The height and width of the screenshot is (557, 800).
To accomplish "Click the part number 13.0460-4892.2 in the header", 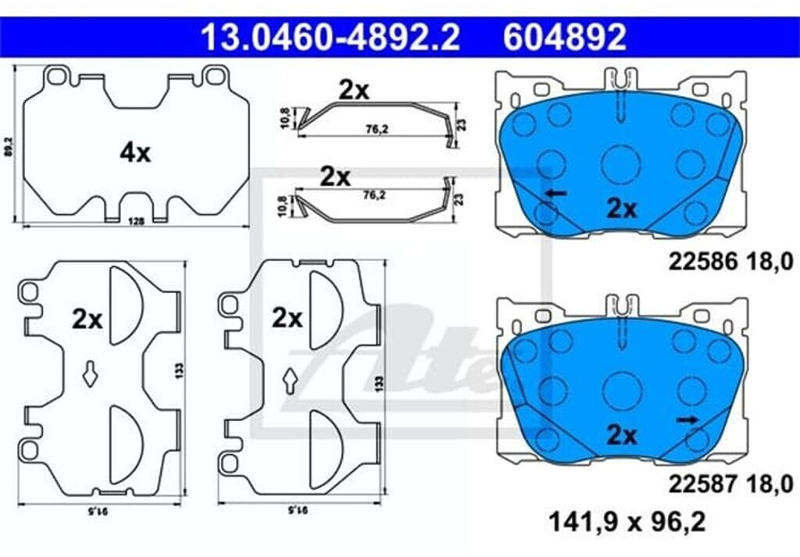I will click(x=330, y=37).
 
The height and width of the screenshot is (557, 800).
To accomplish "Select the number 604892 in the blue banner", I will click(x=564, y=37).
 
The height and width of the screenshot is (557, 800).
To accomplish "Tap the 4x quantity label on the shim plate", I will click(x=134, y=153).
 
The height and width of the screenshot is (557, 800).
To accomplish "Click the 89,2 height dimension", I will click(x=9, y=145).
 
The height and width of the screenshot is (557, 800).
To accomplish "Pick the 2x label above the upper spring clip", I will click(x=353, y=91).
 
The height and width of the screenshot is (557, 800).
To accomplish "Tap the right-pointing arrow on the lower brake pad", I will click(x=687, y=420).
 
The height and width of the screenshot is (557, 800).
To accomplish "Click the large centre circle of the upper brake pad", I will click(x=621, y=165).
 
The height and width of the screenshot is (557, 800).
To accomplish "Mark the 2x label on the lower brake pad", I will click(x=622, y=436).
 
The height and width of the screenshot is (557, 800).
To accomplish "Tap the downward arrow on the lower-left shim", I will click(x=90, y=374).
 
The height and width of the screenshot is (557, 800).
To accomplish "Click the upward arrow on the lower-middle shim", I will click(x=289, y=380).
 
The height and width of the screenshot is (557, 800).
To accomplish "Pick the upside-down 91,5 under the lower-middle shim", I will click(x=298, y=509).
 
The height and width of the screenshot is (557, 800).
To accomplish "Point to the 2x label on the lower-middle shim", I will click(x=287, y=318).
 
